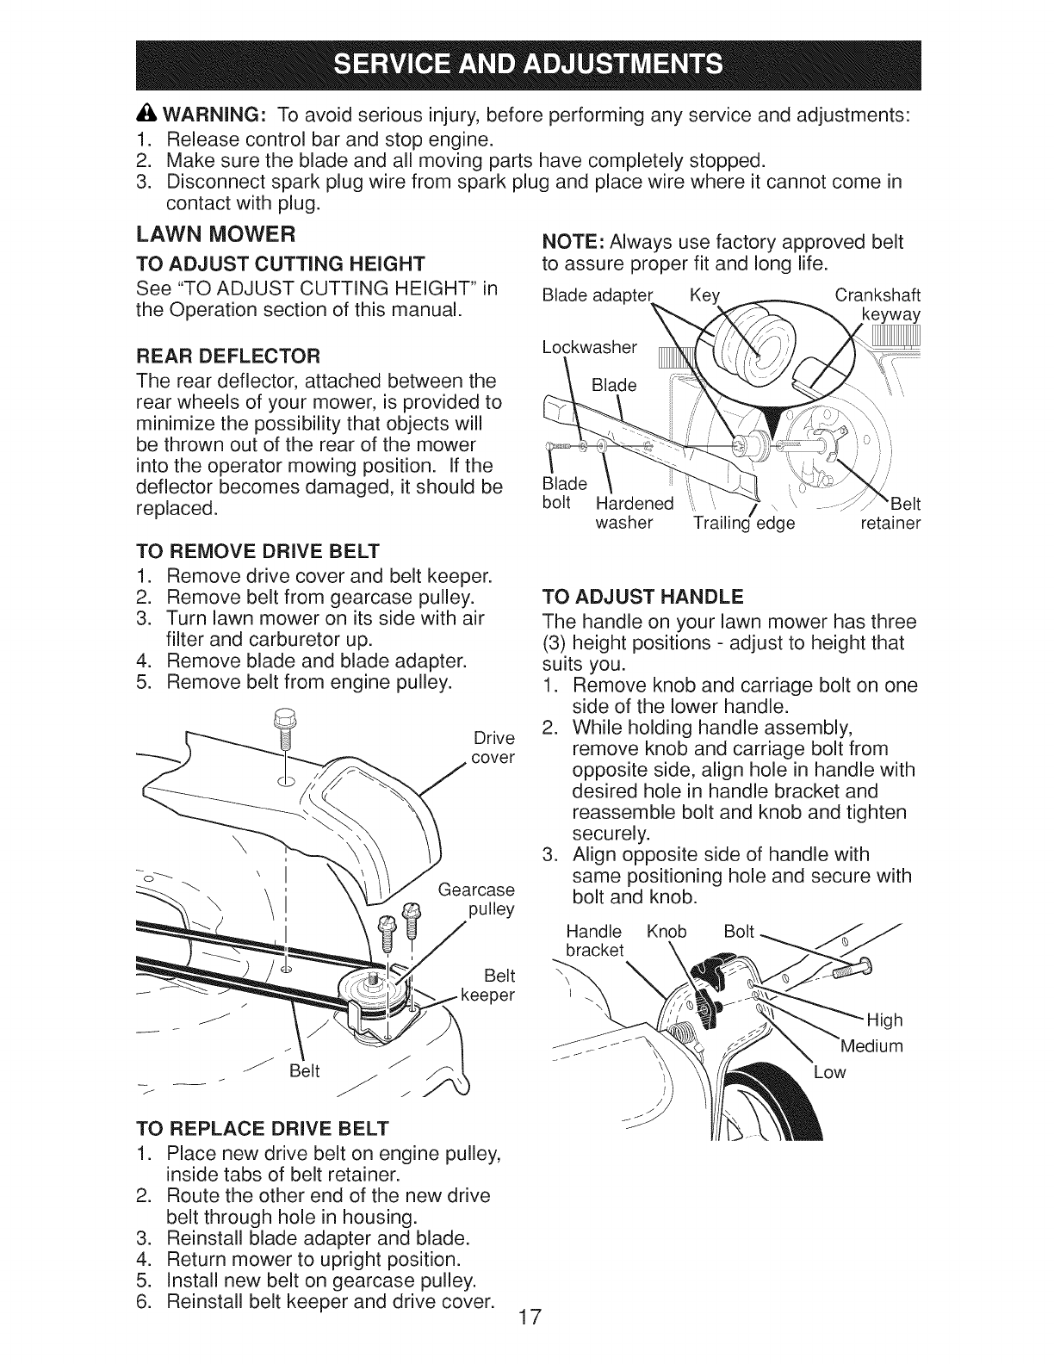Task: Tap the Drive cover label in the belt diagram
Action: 493,747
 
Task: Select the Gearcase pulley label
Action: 478,899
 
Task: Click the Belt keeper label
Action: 487,985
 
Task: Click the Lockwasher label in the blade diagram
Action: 590,347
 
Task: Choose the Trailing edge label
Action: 744,523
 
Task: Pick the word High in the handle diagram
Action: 884,1020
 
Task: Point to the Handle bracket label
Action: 594,940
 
